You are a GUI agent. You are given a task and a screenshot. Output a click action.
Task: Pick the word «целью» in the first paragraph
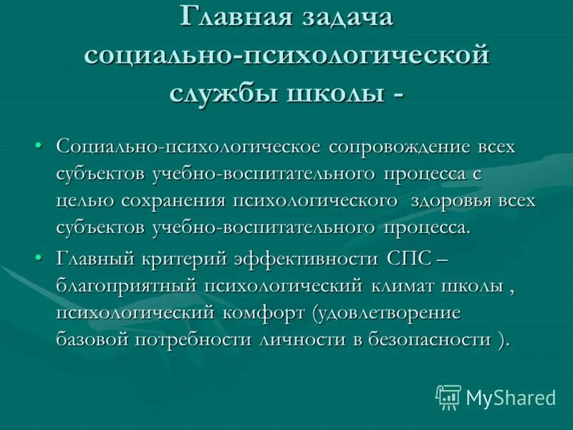pos(83,201)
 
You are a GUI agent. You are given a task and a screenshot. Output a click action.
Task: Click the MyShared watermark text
pos(510,396)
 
